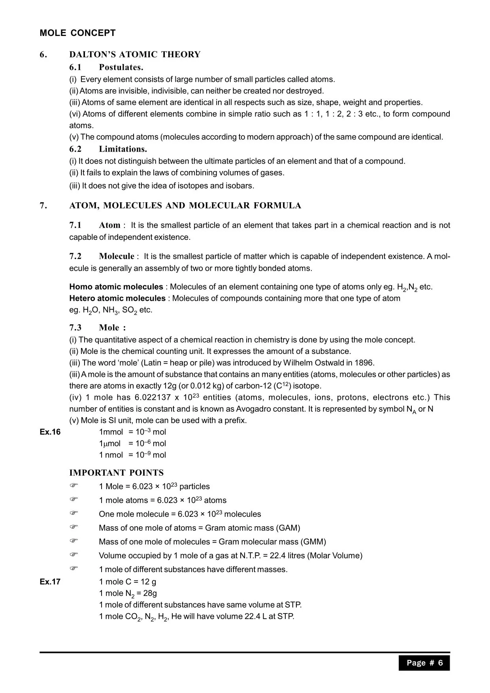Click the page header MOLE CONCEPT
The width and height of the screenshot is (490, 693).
tap(77, 33)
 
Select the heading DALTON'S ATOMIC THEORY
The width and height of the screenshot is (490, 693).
tap(135, 55)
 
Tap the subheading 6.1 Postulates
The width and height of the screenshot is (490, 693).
tap(106, 67)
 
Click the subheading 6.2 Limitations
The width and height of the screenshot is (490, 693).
tap(108, 149)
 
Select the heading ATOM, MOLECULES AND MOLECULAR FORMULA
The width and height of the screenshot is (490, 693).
tap(185, 205)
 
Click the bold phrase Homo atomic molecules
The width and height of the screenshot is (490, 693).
tap(116, 287)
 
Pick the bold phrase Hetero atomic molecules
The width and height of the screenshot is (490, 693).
tap(117, 298)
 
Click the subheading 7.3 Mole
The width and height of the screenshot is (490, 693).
tap(98, 328)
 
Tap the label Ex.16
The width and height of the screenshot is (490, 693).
tap(50, 432)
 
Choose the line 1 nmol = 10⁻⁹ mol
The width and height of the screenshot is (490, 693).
tap(132, 455)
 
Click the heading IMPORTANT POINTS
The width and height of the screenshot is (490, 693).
tap(116, 473)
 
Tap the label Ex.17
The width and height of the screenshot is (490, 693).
tap(50, 582)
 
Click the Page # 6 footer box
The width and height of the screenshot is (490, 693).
tap(424, 663)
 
